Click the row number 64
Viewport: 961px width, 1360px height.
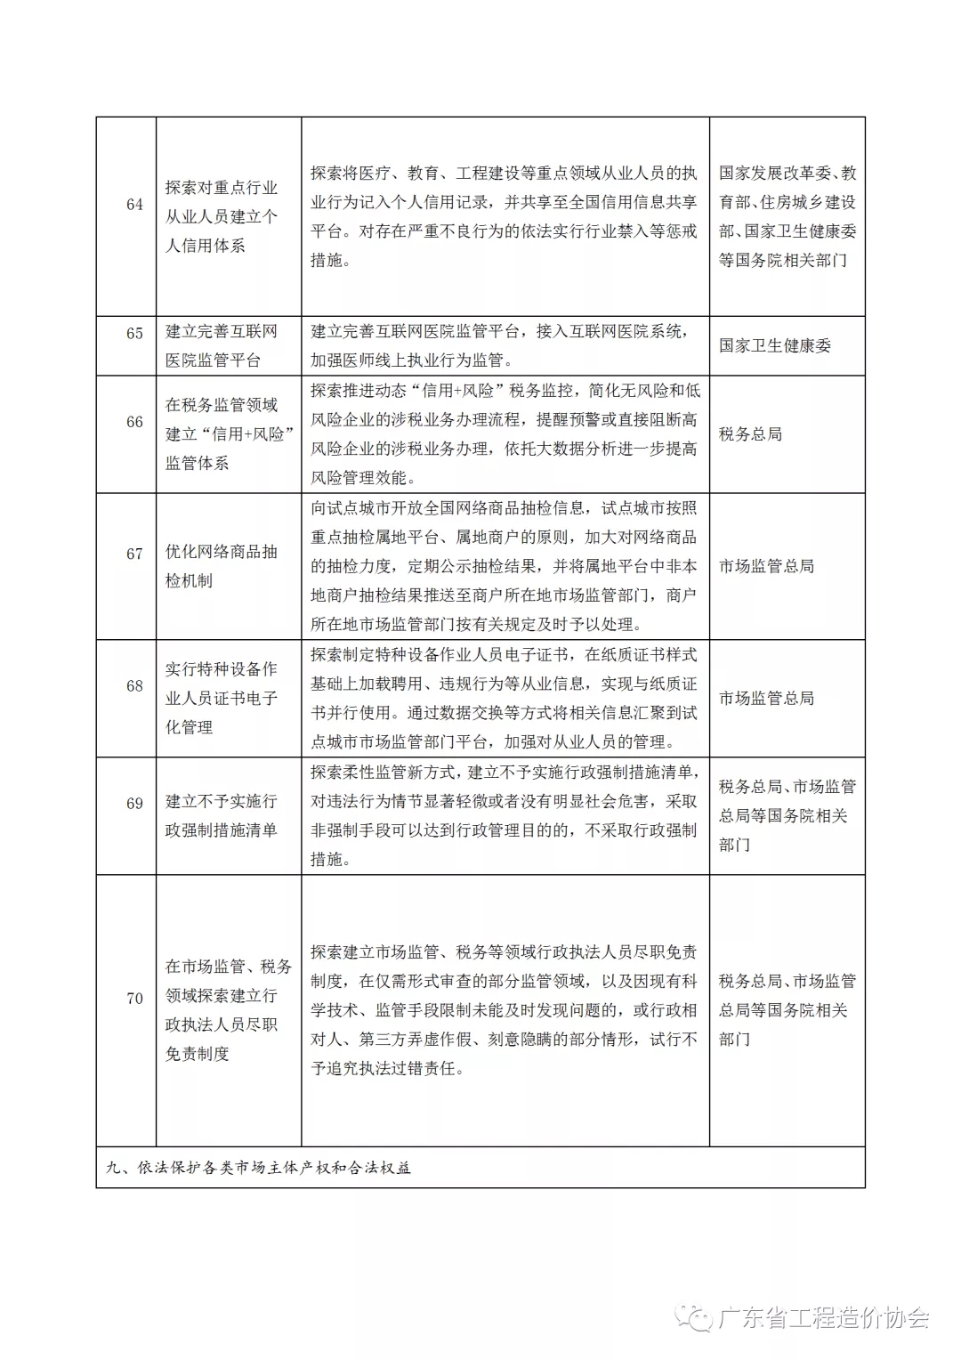coord(134,205)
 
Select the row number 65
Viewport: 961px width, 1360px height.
coord(134,334)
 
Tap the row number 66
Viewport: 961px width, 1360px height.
coord(134,422)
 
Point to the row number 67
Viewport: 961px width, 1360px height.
coord(134,554)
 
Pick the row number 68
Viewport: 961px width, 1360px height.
coord(134,686)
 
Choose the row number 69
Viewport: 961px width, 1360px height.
coord(134,804)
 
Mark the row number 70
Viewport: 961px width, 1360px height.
coord(134,999)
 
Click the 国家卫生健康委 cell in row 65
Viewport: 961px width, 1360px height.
coord(775,346)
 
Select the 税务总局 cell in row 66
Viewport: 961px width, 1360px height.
coord(750,434)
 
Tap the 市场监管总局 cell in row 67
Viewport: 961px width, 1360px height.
coord(766,566)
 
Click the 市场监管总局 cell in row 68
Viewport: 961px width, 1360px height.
coord(766,699)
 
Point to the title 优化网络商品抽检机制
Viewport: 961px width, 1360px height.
coord(222,566)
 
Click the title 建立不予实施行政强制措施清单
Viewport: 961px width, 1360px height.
coord(222,816)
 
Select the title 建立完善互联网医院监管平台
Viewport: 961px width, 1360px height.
coord(222,346)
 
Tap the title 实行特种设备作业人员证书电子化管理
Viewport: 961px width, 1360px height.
coord(222,699)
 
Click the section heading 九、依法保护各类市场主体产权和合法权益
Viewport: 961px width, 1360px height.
coord(259,1168)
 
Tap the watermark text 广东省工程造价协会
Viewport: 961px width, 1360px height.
coord(823,1318)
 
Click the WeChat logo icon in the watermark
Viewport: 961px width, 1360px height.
coord(695,1317)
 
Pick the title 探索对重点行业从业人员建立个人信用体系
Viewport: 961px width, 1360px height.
coord(222,216)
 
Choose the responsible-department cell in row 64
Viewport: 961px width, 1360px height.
coord(787,216)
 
